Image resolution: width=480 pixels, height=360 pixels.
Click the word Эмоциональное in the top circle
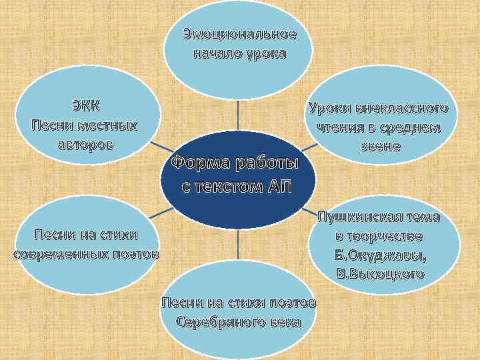(x=239, y=34)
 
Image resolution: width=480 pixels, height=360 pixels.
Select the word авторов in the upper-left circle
(x=85, y=144)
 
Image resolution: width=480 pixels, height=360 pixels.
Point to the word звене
(x=377, y=146)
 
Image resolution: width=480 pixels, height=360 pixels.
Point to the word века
(x=285, y=322)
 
